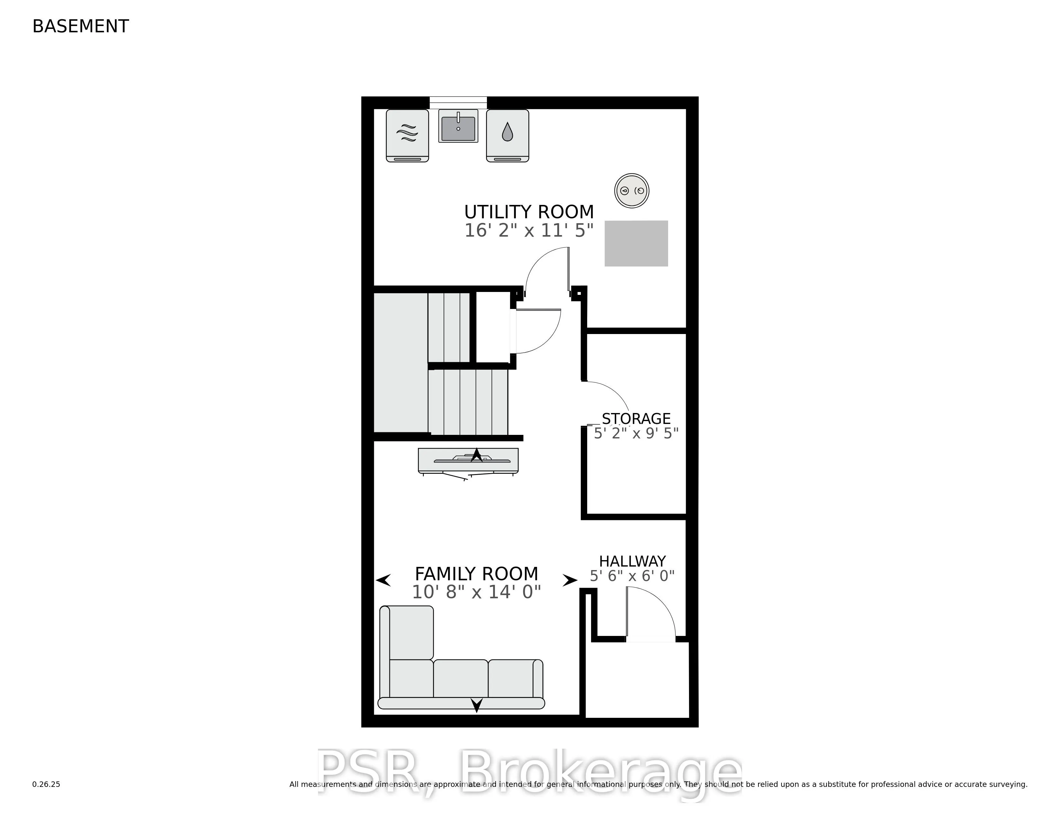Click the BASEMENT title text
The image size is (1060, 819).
click(81, 26)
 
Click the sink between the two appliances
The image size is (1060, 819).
click(458, 126)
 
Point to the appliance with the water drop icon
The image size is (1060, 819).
click(507, 135)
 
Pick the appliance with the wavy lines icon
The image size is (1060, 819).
click(407, 135)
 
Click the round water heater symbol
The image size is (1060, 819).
click(632, 191)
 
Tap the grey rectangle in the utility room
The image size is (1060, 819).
click(636, 243)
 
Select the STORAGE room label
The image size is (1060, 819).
click(636, 418)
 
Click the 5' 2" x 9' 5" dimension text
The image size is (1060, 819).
click(636, 433)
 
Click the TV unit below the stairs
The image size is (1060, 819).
click(468, 461)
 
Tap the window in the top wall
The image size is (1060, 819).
click(458, 102)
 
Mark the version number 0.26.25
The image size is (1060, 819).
click(46, 784)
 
